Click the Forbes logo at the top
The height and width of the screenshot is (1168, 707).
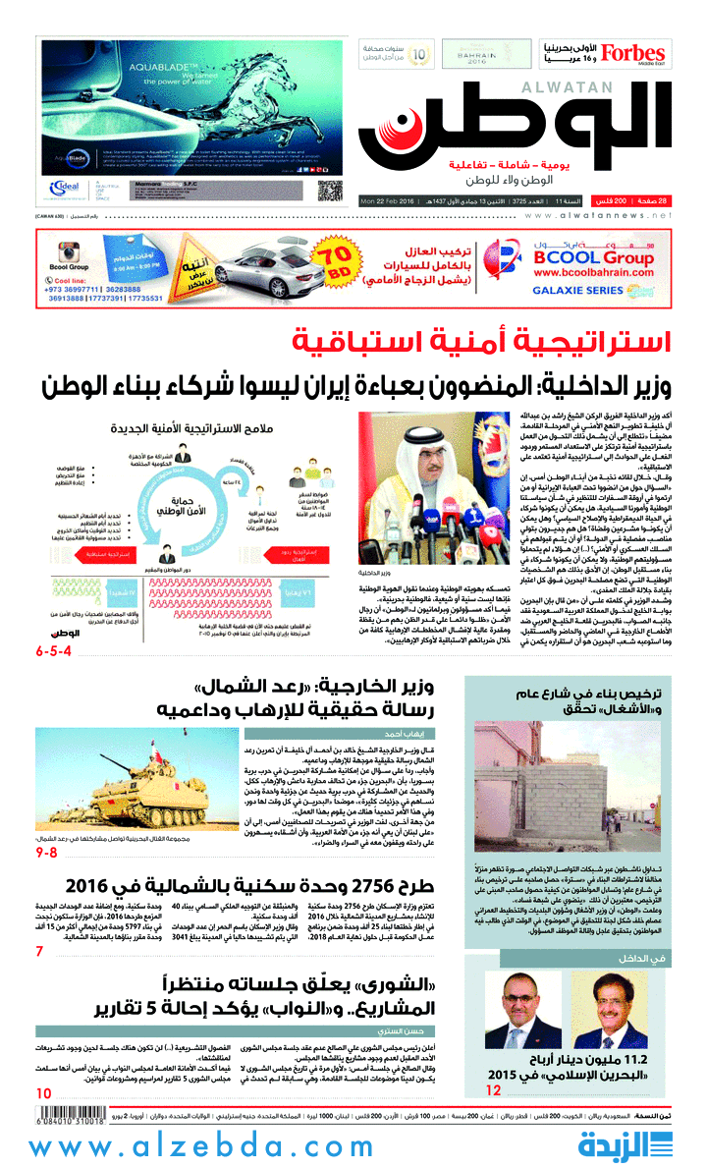(x=633, y=54)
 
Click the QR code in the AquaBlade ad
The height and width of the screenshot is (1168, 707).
(x=330, y=191)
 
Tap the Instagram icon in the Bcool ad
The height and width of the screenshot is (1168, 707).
(x=67, y=251)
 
